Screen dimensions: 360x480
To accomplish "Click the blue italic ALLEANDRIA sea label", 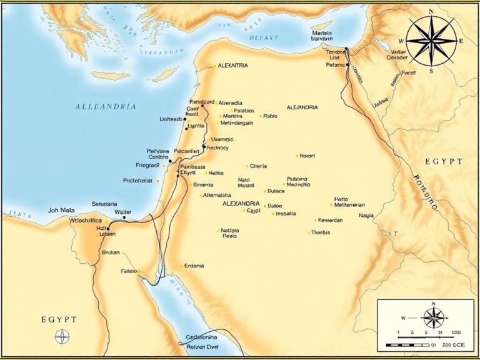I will [x=105, y=107].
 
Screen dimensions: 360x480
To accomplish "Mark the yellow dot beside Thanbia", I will [x=308, y=232].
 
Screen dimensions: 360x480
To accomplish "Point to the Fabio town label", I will [x=270, y=116].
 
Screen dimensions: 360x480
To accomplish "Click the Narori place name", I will [x=307, y=156].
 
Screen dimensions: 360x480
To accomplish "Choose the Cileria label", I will [x=258, y=166].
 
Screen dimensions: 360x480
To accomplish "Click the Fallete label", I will [x=129, y=271].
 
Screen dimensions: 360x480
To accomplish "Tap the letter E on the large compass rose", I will [x=461, y=41].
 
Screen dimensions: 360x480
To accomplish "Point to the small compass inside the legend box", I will [x=432, y=317].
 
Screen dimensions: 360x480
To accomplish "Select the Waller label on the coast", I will [x=123, y=212].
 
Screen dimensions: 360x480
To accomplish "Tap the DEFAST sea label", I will [x=264, y=38].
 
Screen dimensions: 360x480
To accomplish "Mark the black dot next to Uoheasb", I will [x=185, y=119].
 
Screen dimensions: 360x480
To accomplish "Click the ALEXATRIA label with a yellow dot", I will [x=233, y=65].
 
